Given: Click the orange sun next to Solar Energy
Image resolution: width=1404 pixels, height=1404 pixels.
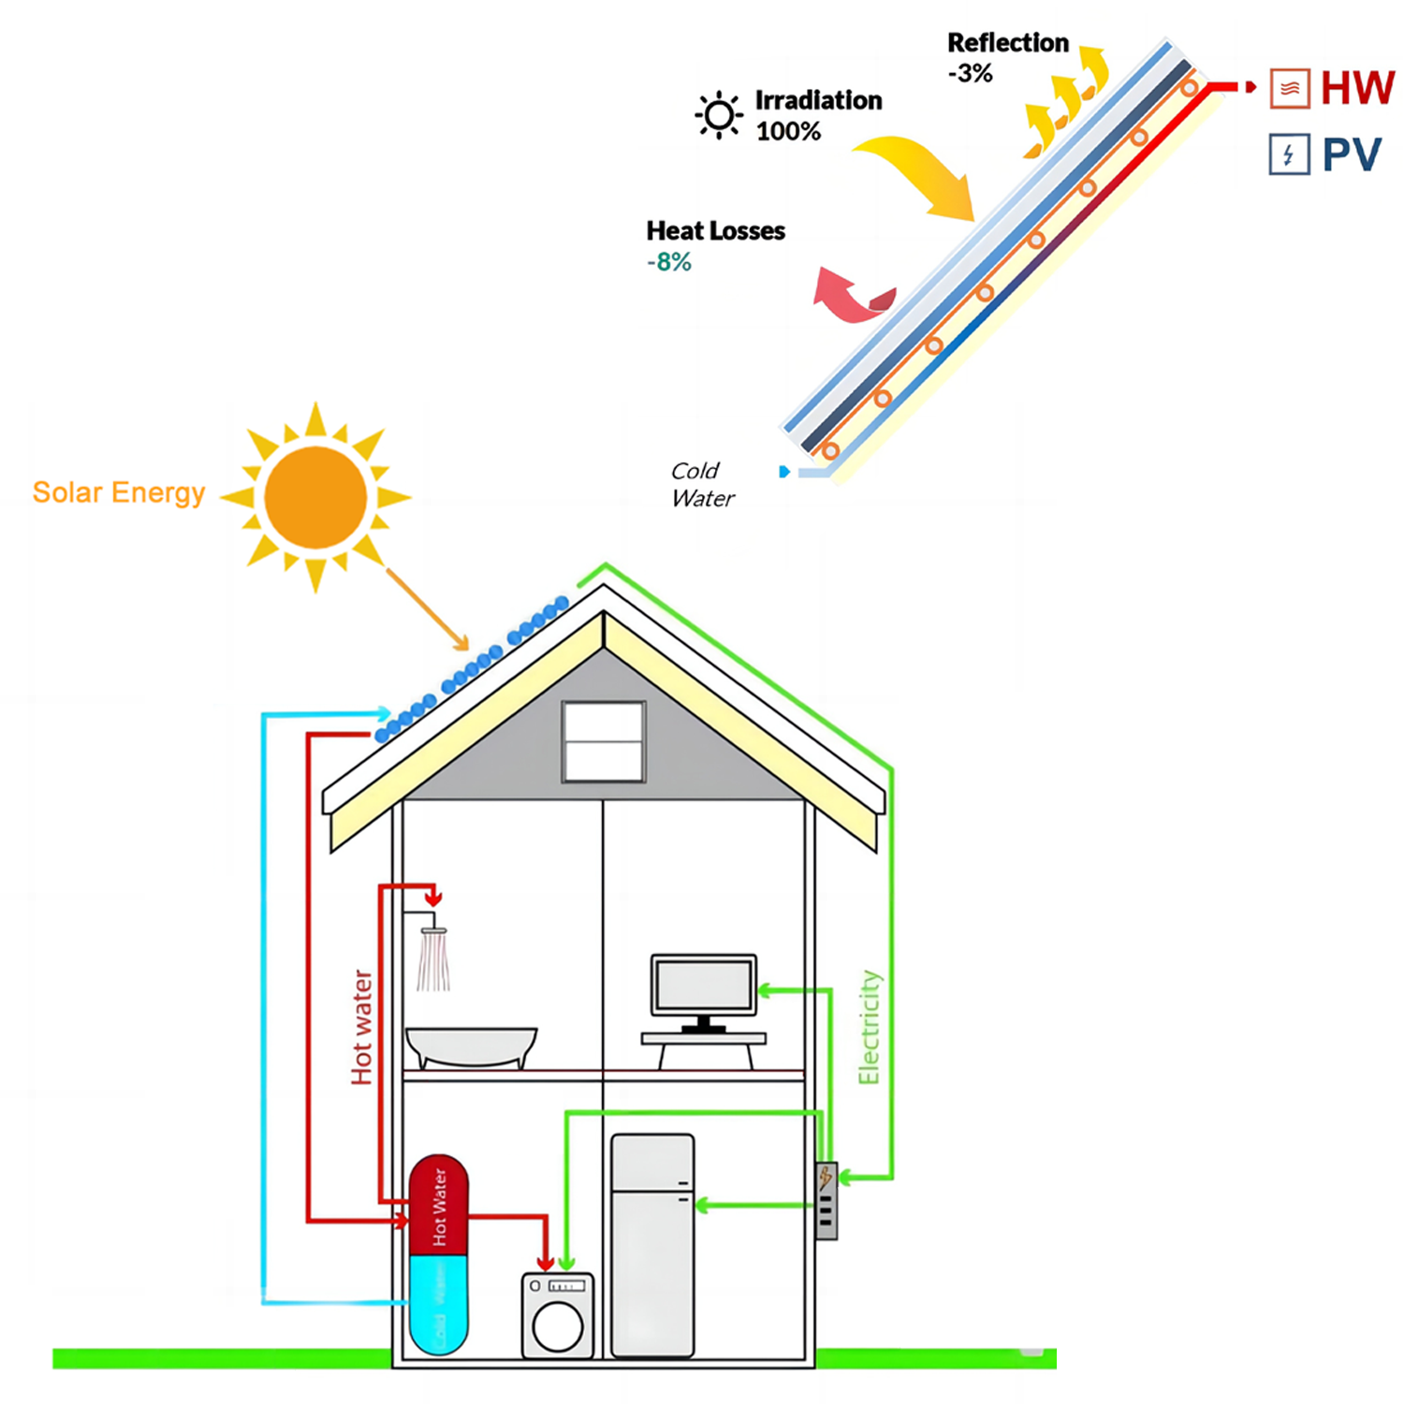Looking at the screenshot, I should click(315, 497).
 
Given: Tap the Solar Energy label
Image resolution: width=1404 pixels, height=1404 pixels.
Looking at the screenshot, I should click(119, 492).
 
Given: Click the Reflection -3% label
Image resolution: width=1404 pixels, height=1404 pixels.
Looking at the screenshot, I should click(1006, 57).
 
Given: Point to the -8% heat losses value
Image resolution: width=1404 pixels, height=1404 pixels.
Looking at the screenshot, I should click(668, 262).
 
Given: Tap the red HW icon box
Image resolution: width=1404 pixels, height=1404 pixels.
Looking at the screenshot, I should click(1289, 89).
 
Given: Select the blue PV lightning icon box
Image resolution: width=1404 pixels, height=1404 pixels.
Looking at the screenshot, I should click(1289, 154).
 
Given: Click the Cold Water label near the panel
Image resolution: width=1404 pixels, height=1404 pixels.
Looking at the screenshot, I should click(702, 484).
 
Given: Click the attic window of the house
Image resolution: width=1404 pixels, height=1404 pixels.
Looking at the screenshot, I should click(604, 741).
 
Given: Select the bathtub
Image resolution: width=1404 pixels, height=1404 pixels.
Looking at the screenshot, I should click(471, 1046).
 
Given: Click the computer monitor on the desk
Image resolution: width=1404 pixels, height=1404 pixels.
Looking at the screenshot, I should click(704, 986).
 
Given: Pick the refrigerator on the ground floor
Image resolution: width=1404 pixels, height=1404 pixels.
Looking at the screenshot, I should click(652, 1245).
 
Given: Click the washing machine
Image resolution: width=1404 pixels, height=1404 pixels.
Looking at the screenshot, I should click(558, 1315).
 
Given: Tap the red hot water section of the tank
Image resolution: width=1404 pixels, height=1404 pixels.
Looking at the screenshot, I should click(439, 1206).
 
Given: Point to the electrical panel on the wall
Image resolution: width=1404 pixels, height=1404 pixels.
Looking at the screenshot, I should click(826, 1201).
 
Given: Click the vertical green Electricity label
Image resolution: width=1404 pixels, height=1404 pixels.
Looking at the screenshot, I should click(869, 1027).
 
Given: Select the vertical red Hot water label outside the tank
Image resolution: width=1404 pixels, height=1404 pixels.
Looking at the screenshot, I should click(361, 1027).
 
